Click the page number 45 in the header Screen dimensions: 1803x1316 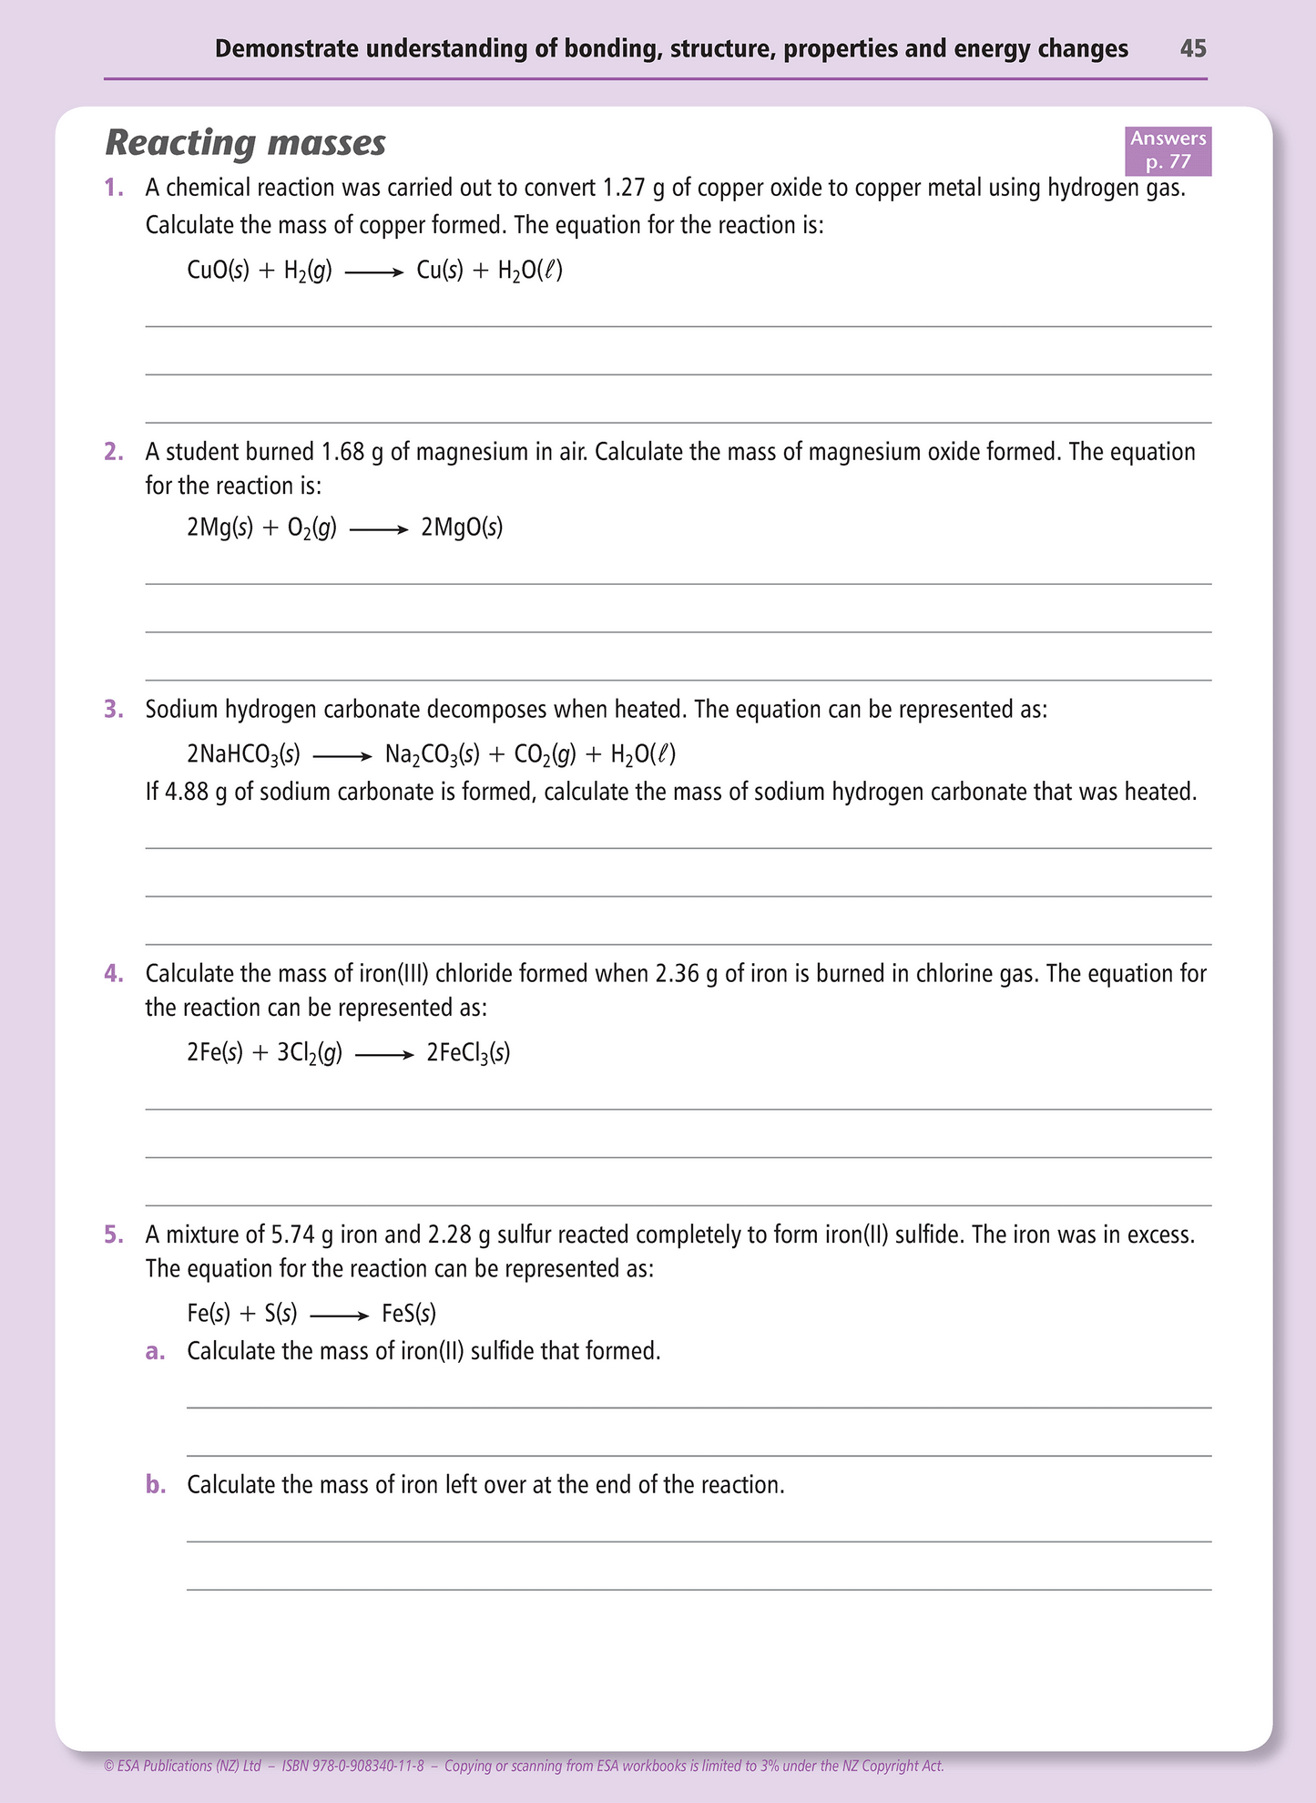click(1192, 48)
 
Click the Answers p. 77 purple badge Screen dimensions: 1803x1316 click(1168, 150)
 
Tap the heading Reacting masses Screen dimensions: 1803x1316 click(246, 143)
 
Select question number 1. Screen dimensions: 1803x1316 click(114, 189)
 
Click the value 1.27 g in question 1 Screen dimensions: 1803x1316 click(634, 189)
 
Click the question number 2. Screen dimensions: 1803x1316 click(114, 452)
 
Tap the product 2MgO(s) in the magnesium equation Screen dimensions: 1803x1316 click(462, 528)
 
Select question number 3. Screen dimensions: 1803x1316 click(114, 710)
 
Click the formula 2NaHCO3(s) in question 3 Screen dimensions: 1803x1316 click(243, 754)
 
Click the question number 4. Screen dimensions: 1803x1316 click(114, 974)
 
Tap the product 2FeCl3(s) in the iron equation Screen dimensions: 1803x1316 click(468, 1054)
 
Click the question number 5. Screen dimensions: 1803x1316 click(114, 1235)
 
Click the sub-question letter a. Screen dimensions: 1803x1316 click(156, 1351)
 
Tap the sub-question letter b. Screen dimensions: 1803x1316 click(156, 1485)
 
